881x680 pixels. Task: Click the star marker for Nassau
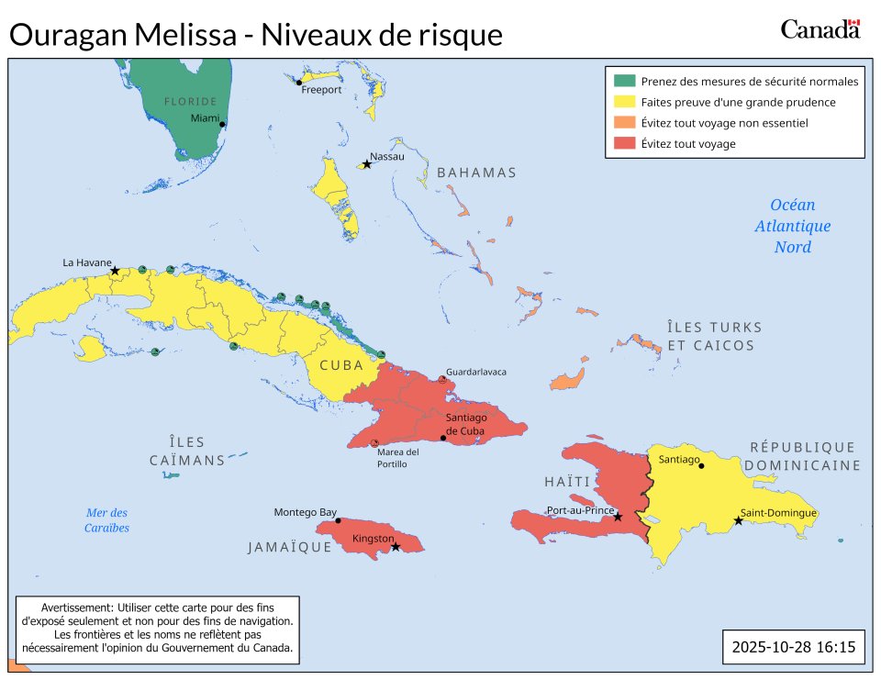(367, 164)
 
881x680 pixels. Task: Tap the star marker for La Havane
(115, 271)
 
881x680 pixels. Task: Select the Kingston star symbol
(396, 547)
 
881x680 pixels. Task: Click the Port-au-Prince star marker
(618, 518)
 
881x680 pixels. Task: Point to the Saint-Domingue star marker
(738, 521)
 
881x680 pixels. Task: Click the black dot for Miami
(222, 124)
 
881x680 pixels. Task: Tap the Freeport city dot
(299, 83)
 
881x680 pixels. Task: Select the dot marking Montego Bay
(338, 520)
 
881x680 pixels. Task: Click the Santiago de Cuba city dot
(443, 438)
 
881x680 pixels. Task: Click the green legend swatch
(624, 81)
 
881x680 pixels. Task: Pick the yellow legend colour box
(624, 102)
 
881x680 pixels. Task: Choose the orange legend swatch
(624, 123)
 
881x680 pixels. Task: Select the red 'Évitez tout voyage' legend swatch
(624, 144)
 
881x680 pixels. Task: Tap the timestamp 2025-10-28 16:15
(793, 647)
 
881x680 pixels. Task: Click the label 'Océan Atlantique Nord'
(792, 226)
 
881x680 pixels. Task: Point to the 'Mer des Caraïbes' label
(106, 520)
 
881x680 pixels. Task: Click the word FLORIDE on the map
(190, 101)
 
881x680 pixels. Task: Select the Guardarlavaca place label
(475, 372)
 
